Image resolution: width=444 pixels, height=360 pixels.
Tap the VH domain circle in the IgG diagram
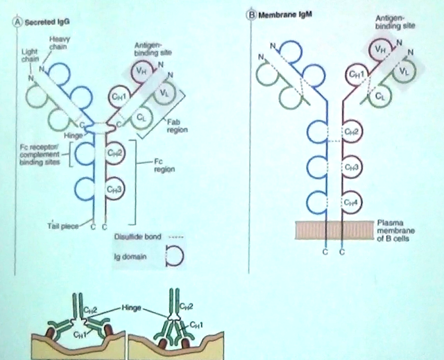tap(142, 69)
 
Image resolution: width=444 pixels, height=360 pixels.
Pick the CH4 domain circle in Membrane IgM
tap(354, 203)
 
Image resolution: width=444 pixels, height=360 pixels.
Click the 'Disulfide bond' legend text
tap(135, 237)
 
